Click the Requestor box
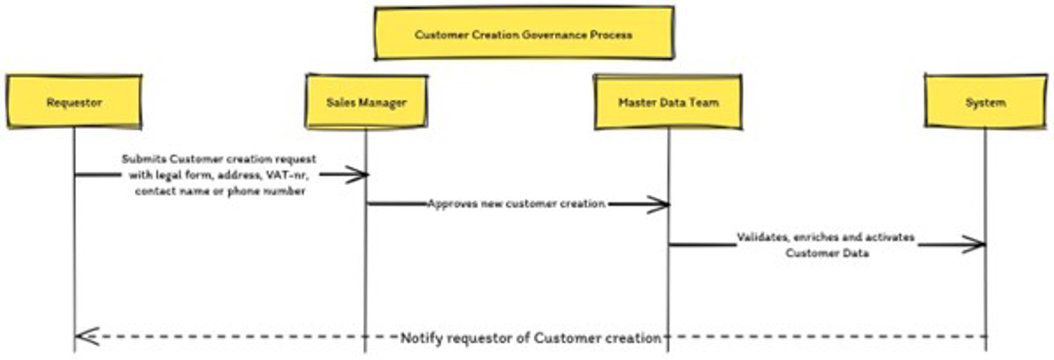(74, 102)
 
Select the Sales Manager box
(366, 102)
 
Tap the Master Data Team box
(668, 102)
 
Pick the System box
(985, 102)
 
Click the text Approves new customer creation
(516, 204)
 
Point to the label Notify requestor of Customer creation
(531, 338)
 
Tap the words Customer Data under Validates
(827, 253)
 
